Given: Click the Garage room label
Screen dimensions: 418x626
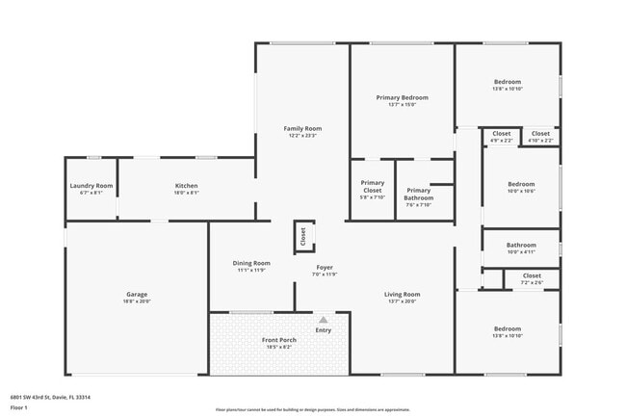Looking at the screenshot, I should click(136, 298).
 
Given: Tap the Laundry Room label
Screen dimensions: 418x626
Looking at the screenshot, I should click(91, 186).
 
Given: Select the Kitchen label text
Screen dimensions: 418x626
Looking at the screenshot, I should click(186, 186).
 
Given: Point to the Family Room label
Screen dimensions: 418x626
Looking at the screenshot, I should click(302, 128).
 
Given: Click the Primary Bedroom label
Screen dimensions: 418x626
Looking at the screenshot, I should click(402, 97).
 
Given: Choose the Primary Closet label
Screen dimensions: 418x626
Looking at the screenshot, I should click(372, 183).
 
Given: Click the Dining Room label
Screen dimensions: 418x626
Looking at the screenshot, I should click(251, 263).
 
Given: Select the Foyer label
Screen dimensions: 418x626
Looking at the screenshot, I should click(325, 267).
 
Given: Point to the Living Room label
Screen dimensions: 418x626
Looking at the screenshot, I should click(402, 294).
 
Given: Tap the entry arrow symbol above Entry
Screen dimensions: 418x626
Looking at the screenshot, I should click(323, 319).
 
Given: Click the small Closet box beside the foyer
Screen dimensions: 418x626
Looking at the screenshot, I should click(302, 235).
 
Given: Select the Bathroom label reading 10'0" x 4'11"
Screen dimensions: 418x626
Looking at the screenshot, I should click(521, 245).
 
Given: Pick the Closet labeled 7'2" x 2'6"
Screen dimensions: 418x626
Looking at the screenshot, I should click(532, 275).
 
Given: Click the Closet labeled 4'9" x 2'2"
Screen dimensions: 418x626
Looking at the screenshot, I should click(501, 134).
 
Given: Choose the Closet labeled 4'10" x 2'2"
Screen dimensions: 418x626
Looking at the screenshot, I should click(540, 134).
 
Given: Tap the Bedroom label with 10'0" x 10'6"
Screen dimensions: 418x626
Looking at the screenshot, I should click(521, 184).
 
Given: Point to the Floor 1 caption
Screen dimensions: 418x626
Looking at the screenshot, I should click(19, 407).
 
